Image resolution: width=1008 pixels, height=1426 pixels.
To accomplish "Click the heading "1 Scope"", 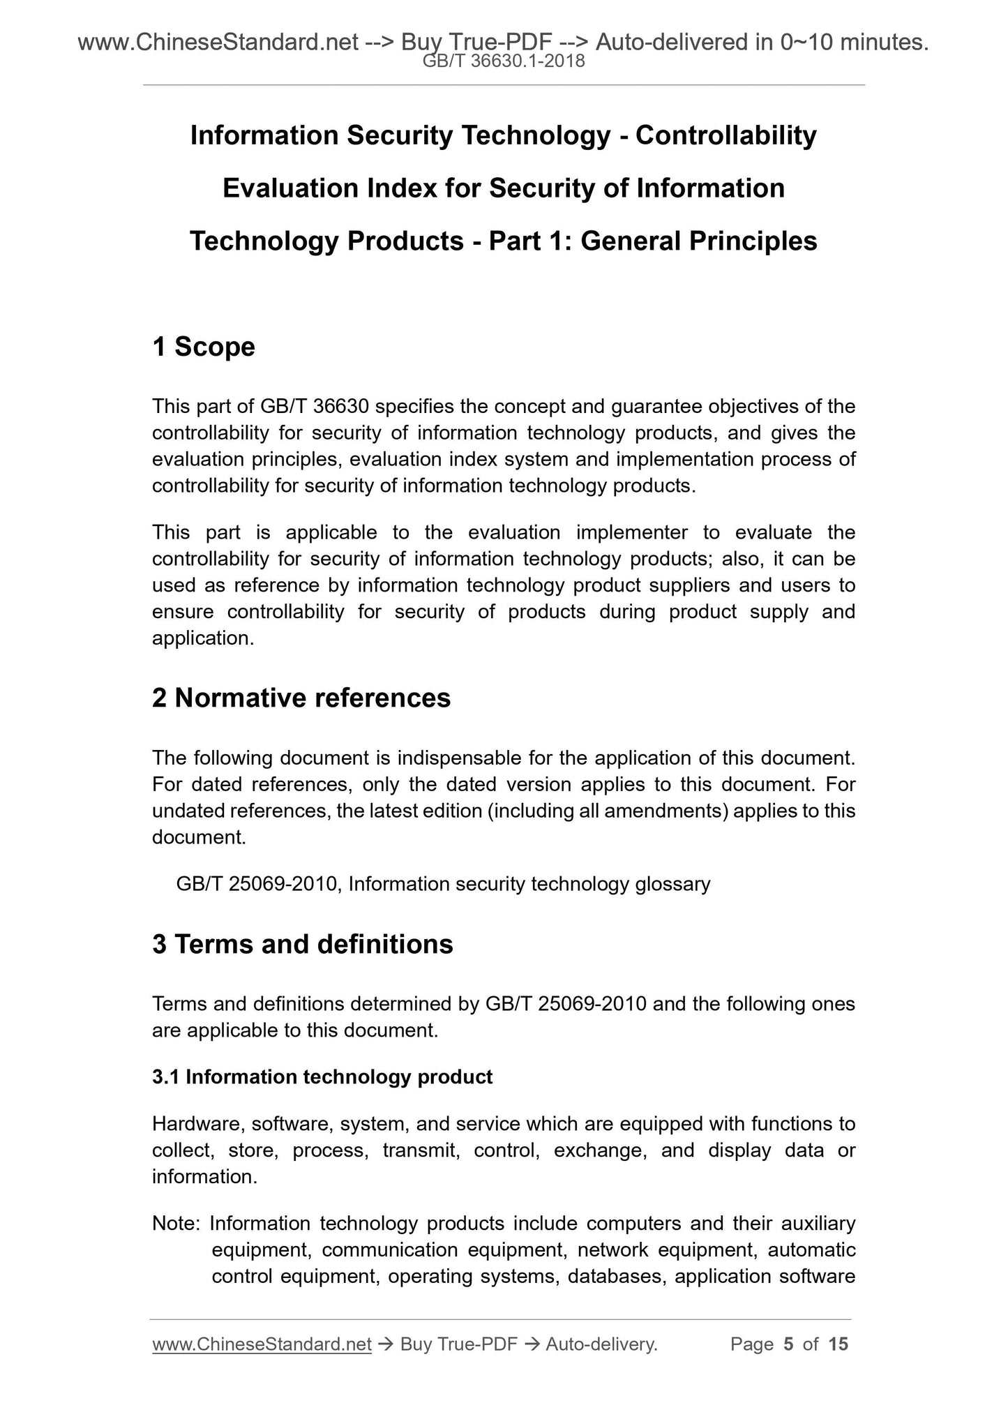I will point(204,347).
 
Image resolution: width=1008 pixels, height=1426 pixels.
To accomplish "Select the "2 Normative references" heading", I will point(301,698).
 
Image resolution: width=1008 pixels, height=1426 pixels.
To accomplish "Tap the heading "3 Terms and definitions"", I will point(303,945).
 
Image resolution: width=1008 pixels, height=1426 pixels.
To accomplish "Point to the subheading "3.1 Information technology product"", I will point(322,1077).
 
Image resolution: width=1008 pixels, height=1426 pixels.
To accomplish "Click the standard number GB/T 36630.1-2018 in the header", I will point(504,63).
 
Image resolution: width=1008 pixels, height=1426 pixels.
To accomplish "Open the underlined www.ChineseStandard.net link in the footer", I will point(262,1344).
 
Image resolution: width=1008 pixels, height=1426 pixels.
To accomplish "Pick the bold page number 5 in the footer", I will point(789,1344).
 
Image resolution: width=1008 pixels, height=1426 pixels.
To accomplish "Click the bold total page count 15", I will point(838,1344).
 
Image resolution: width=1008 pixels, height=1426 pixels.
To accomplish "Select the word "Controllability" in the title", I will point(725,135).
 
